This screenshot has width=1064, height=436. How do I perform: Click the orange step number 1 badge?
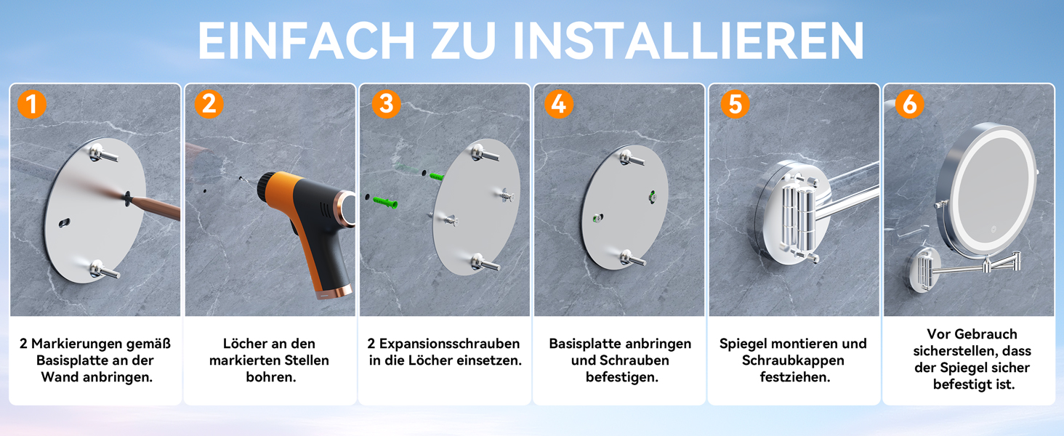[32, 104]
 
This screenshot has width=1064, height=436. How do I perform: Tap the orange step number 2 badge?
[209, 104]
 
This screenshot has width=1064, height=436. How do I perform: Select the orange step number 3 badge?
[386, 104]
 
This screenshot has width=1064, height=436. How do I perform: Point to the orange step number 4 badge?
[559, 104]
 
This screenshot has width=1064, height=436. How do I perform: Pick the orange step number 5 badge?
[735, 104]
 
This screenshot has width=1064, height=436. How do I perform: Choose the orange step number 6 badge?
[909, 104]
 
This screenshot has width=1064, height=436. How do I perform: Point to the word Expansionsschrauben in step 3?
[449, 344]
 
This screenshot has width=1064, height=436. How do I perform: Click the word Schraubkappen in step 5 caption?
[793, 361]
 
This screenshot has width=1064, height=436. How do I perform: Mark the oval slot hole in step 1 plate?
[64, 222]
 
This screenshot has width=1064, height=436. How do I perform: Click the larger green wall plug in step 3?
[385, 202]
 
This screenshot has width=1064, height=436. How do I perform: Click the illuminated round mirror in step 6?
[987, 190]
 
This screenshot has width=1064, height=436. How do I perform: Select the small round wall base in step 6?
[923, 270]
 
